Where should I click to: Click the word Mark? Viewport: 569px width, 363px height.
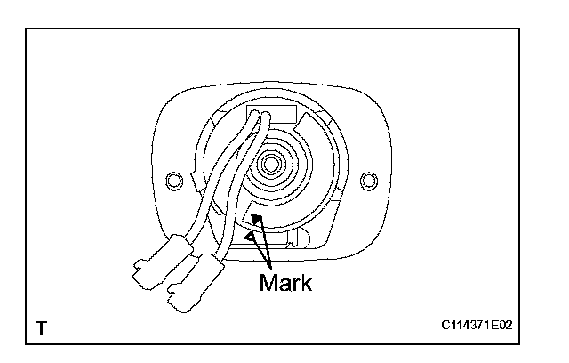click(x=285, y=283)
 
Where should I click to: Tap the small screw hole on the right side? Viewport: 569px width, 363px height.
click(x=365, y=182)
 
